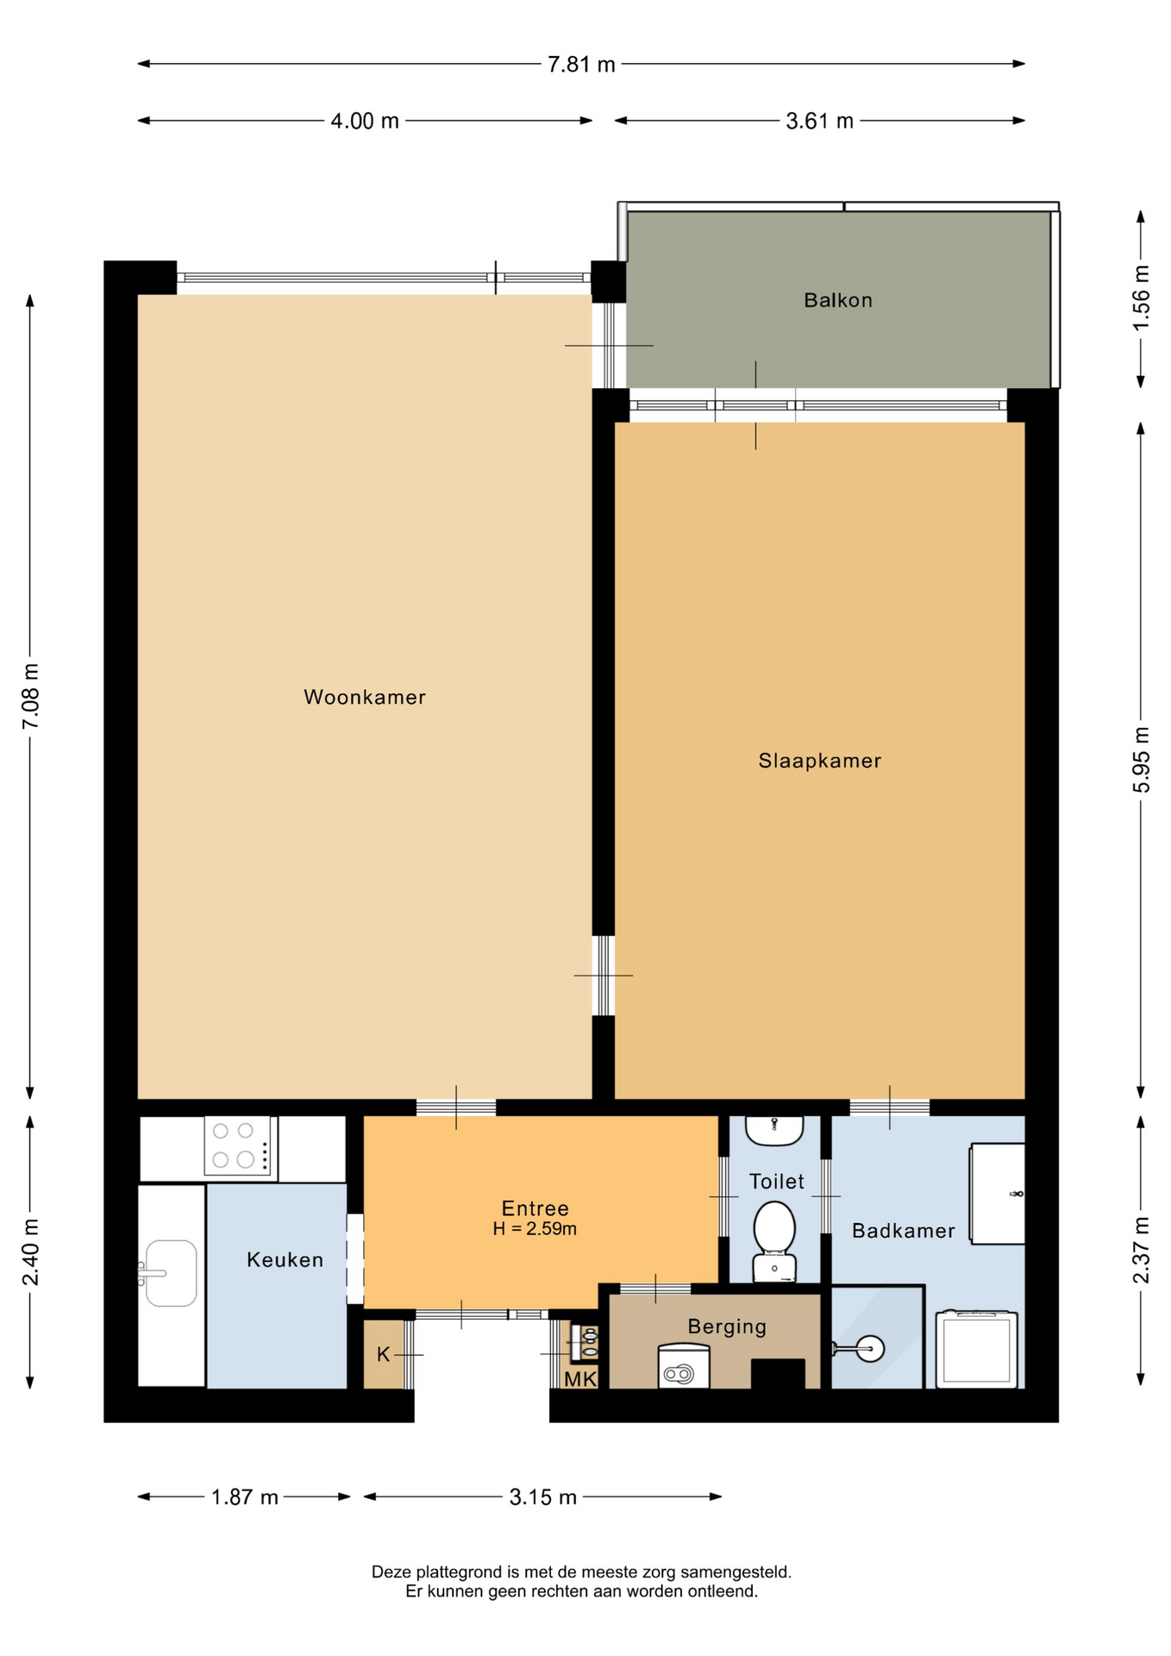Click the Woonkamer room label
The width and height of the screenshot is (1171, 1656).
coord(365,697)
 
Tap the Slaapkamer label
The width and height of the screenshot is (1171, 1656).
coord(819,761)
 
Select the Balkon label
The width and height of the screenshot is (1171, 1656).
coord(838,300)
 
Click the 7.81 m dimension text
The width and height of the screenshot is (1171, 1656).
coord(581,65)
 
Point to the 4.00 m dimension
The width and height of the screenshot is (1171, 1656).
coord(365,121)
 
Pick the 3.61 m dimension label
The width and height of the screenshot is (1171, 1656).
coord(819,121)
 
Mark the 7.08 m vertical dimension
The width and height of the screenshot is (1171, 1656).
coord(31,696)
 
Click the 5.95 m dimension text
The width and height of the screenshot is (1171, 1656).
coord(1141,760)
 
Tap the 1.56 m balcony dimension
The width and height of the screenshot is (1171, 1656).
coord(1141,298)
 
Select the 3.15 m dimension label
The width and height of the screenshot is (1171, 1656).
coord(542,1497)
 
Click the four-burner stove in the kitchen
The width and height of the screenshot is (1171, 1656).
coord(241,1145)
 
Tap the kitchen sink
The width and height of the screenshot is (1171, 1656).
coord(169,1273)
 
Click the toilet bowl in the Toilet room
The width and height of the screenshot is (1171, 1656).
coord(774,1240)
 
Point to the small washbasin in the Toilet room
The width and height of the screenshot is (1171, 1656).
coord(774,1130)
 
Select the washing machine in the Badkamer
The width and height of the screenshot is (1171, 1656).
coord(977,1349)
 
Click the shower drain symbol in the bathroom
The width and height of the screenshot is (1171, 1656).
coord(871,1348)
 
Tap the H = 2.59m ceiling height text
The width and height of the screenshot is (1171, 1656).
coord(535,1229)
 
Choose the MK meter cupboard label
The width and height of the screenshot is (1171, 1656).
coord(580,1379)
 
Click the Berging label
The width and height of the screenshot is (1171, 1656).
coord(727,1327)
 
